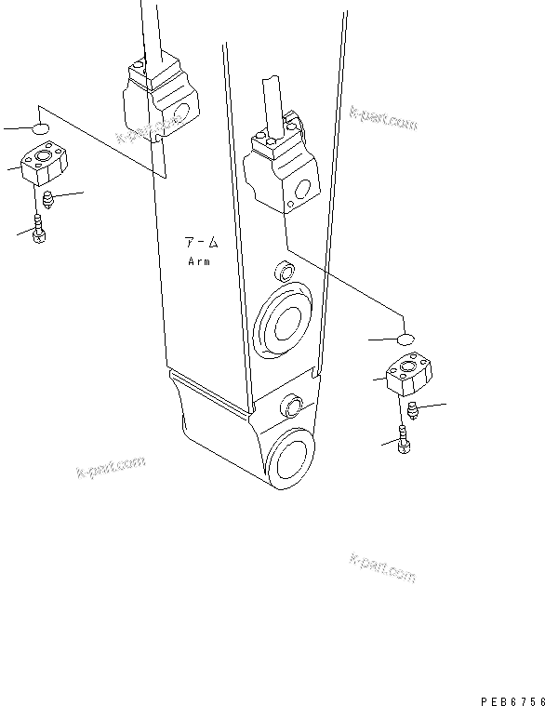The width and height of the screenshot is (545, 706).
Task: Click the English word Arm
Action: click(x=200, y=261)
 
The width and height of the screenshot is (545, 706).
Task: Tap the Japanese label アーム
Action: click(x=200, y=244)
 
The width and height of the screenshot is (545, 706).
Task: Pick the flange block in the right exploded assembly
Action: click(x=406, y=374)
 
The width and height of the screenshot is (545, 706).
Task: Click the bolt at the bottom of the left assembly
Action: click(x=38, y=229)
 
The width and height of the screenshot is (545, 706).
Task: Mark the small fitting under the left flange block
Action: click(x=48, y=199)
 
